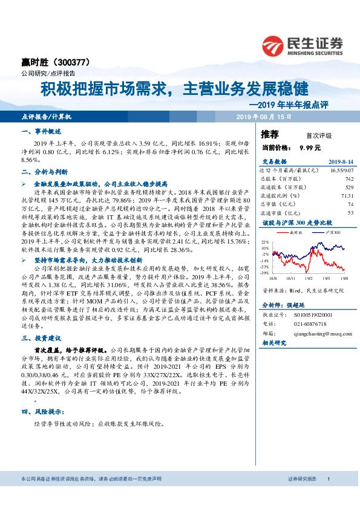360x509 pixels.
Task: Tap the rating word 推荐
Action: [270, 134]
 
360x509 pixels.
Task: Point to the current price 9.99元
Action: [309, 147]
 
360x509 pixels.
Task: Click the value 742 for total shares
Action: [349, 180]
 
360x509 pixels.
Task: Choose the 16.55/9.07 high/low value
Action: [341, 172]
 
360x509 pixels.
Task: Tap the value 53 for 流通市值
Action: [350, 213]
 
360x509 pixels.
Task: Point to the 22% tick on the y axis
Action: [266, 240]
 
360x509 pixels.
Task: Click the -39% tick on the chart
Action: [265, 273]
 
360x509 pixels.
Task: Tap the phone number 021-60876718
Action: [310, 324]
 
